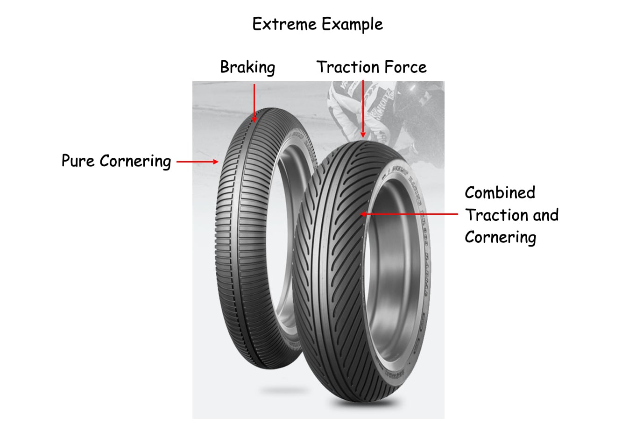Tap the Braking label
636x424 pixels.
click(247, 67)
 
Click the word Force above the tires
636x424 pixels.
click(405, 67)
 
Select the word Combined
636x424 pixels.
click(500, 193)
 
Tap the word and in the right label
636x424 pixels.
click(545, 215)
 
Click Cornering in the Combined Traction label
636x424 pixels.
click(500, 238)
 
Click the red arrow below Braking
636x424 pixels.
click(254, 103)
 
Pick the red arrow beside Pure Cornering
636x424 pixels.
click(198, 162)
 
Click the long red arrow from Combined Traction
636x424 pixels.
click(409, 214)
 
